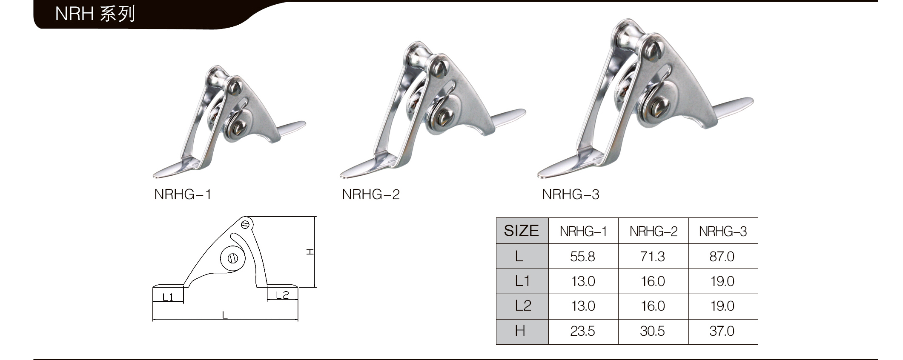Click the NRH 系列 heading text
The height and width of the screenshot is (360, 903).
click(95, 14)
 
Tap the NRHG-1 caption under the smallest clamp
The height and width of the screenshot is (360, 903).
click(183, 194)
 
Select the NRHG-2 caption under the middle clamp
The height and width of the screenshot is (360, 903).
click(371, 194)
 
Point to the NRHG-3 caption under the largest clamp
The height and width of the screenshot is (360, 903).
click(570, 194)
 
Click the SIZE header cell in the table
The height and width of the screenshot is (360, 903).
click(522, 231)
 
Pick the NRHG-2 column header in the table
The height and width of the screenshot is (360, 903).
click(653, 231)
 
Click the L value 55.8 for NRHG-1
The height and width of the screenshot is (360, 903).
click(582, 257)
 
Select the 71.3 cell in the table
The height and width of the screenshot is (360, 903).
click(652, 257)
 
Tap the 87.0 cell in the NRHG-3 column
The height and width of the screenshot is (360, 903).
click(722, 257)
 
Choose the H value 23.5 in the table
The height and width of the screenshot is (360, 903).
click(582, 331)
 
